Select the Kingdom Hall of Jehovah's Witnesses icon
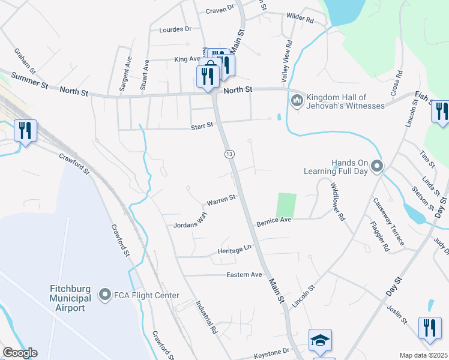point(296,100)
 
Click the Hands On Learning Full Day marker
point(376,165)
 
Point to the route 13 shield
point(230,154)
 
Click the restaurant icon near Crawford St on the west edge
point(25,130)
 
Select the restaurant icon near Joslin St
point(430,328)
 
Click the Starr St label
point(202,125)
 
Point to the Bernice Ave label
point(274,221)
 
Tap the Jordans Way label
point(190,220)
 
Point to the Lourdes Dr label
point(175,29)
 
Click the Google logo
point(19,353)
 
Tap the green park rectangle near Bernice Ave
point(286,205)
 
